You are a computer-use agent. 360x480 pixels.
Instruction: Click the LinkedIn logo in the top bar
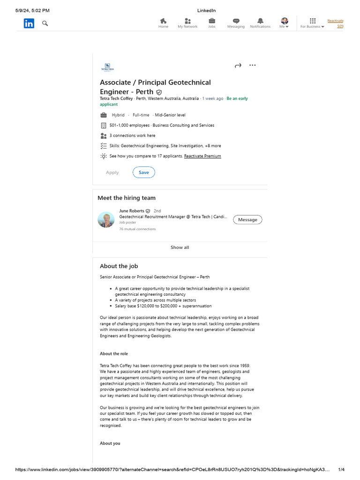pyautogui.click(x=29, y=23)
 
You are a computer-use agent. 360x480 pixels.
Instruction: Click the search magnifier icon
pyautogui.click(x=45, y=23)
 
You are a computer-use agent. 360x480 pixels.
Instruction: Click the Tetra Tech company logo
pyautogui.click(x=107, y=67)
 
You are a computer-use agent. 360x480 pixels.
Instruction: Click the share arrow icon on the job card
pyautogui.click(x=238, y=66)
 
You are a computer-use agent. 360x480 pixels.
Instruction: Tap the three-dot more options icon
pyautogui.click(x=253, y=65)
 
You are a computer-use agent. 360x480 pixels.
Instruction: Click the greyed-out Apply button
pyautogui.click(x=112, y=172)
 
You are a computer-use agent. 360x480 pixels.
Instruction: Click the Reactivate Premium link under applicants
pyautogui.click(x=202, y=156)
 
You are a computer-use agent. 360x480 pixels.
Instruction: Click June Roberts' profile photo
pyautogui.click(x=106, y=219)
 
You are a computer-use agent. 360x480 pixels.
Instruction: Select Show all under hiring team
pyautogui.click(x=180, y=247)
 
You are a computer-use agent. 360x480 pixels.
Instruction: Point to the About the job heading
pyautogui.click(x=119, y=266)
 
